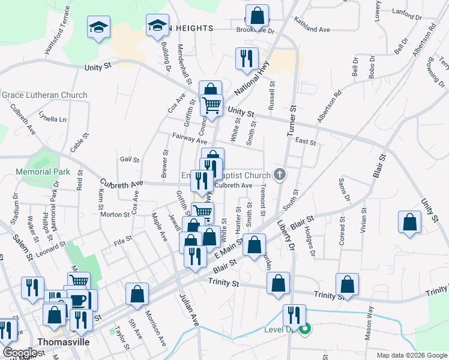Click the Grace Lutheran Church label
point(44,95)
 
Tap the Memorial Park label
point(43,172)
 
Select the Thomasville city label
point(63,341)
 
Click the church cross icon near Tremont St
point(279,175)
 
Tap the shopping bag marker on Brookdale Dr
point(257,14)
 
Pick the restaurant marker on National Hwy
point(247,58)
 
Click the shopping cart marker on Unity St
point(211,106)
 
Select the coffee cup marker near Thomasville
point(79,299)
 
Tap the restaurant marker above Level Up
point(294,314)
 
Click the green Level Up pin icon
point(306,329)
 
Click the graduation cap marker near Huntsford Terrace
point(98,27)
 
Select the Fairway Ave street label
point(190,139)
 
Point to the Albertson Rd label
point(330,106)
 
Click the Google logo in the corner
point(19,353)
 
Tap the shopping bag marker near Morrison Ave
point(137,294)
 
